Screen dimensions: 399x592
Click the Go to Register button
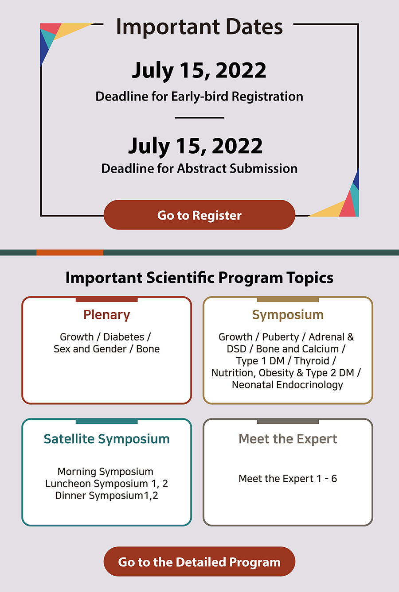199,215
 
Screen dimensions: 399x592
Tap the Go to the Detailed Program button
199,561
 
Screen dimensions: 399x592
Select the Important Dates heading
199,27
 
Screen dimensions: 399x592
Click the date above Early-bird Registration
199,70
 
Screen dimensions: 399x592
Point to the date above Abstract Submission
195,146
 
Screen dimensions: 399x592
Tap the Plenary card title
107,315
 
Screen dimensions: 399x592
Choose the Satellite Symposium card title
107,439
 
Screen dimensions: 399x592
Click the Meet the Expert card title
288,439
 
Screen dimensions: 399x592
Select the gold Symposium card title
288,315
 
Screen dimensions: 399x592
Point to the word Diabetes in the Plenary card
124,337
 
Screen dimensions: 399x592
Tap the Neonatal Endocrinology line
287,385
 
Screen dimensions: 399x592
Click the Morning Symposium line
106,472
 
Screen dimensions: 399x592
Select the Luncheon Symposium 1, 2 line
107,484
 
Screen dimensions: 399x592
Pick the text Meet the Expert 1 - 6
288,479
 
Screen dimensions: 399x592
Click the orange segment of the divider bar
70,252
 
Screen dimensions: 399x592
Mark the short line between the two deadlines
199,118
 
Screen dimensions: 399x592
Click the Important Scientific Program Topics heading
199,278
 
